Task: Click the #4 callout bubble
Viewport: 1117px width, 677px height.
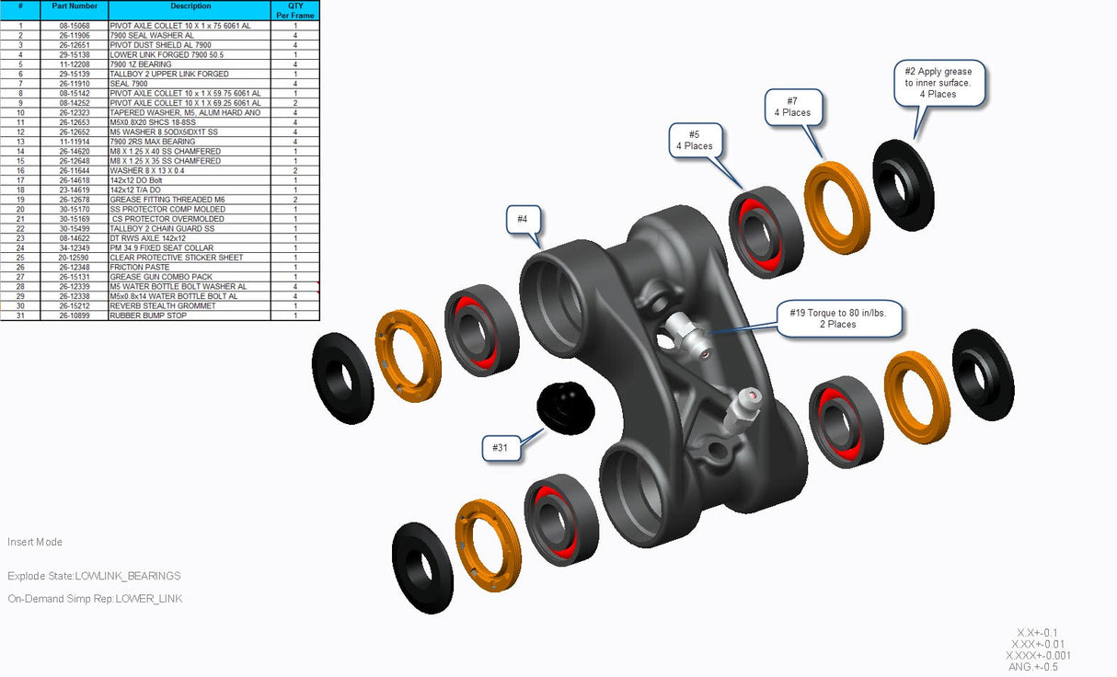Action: point(522,219)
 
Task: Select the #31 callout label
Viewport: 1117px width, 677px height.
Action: point(501,447)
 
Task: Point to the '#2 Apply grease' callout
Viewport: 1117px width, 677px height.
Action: point(939,83)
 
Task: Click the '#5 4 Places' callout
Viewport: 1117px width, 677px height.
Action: point(695,140)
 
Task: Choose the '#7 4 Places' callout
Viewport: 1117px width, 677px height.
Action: point(792,107)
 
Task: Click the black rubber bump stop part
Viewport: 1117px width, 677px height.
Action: point(566,407)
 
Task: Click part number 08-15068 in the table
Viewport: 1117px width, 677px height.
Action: point(75,26)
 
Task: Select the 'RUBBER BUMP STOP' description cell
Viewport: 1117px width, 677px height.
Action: point(148,316)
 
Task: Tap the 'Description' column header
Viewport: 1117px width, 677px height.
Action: point(190,6)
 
